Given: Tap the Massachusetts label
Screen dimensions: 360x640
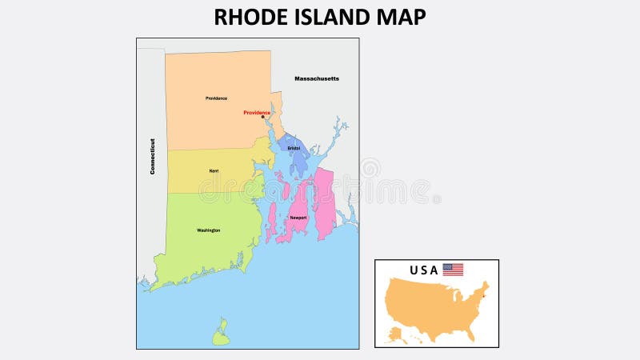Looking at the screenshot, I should tap(317, 78).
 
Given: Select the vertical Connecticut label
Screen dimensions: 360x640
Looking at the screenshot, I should tap(152, 156).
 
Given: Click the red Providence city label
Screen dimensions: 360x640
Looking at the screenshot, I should tap(257, 113).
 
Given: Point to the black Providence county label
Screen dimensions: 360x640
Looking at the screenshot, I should tap(216, 98).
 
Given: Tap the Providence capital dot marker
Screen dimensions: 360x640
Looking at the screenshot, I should tap(262, 118).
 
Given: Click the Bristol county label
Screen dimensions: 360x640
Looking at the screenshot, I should tap(294, 148).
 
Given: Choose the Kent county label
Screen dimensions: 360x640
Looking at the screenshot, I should tap(214, 170).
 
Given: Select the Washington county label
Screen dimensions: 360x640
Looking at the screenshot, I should tap(208, 230).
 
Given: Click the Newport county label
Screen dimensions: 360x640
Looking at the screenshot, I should tap(298, 218).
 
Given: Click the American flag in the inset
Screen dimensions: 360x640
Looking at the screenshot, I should tap(453, 270).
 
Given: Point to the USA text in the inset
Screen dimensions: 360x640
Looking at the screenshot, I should tap(424, 270).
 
